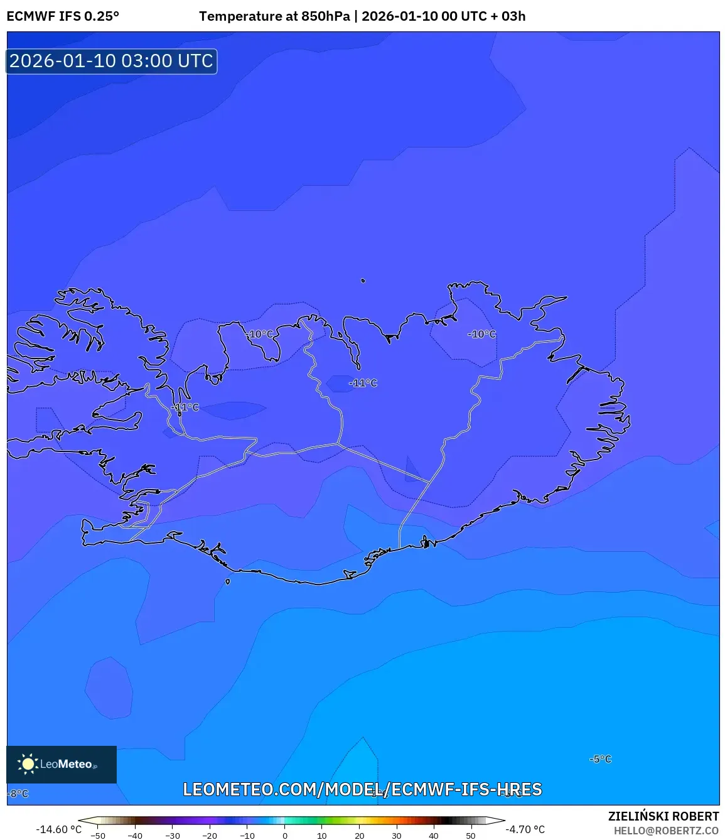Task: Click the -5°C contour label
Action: tap(600, 759)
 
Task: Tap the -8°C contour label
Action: tap(19, 794)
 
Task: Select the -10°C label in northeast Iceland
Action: tap(481, 335)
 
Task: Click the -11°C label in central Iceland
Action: tap(363, 383)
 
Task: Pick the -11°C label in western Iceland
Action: tap(185, 407)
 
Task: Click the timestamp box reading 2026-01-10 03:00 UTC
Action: tap(112, 61)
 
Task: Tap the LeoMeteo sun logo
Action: tap(28, 763)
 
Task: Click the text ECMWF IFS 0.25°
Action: tap(63, 16)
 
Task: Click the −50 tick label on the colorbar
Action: tap(98, 836)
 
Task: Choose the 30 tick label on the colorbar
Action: tap(396, 836)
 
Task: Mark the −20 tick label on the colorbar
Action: tap(210, 836)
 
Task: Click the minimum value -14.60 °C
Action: tap(58, 829)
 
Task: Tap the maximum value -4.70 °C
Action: tap(525, 829)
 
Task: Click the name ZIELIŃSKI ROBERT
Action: tap(663, 816)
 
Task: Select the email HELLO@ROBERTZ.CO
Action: tap(665, 831)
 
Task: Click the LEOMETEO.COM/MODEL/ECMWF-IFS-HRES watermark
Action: tap(362, 789)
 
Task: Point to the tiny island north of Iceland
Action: tap(363, 281)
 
